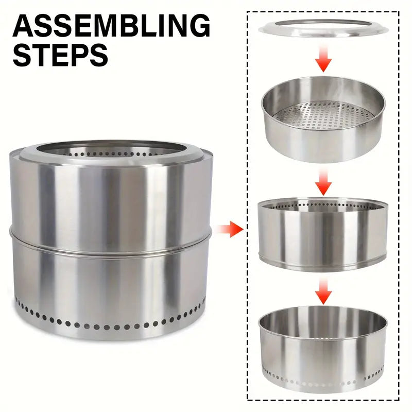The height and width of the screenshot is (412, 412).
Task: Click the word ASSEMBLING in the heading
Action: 111,26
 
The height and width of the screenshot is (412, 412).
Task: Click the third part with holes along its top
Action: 322,232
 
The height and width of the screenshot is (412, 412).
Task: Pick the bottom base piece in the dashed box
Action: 322,355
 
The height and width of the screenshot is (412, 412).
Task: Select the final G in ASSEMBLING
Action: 198,26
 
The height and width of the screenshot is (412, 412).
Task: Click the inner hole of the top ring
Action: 323,24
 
